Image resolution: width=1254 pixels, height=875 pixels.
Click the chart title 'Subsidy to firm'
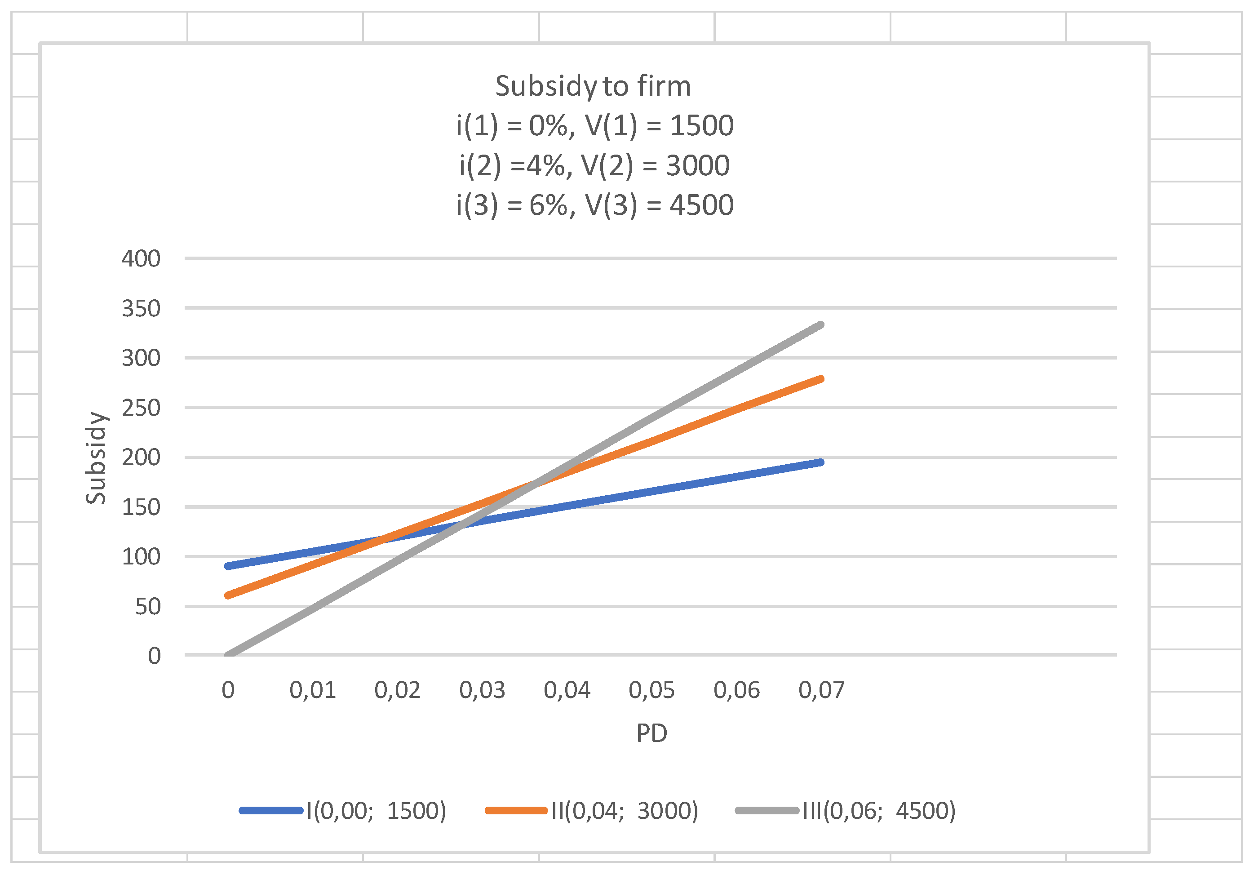(x=593, y=86)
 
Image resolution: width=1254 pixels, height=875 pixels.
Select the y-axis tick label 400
(x=141, y=258)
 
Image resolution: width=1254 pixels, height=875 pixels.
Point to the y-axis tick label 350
(x=141, y=309)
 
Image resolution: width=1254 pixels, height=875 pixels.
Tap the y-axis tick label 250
(x=141, y=408)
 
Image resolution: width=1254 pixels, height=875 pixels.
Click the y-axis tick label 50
(x=147, y=607)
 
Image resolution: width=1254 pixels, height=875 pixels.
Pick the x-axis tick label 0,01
(x=312, y=690)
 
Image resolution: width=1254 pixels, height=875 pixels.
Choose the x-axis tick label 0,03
(x=482, y=690)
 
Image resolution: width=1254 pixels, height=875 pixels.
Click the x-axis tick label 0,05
(x=651, y=690)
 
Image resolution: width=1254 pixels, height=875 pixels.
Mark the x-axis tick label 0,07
(x=821, y=690)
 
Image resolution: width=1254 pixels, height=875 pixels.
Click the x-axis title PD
(x=651, y=733)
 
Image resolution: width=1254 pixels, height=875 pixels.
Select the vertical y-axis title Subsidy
(x=96, y=457)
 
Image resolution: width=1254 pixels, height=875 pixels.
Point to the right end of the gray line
(x=820, y=325)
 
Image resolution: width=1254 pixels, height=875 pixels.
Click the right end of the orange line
(x=820, y=379)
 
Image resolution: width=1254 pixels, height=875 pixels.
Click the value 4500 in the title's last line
(x=701, y=205)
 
